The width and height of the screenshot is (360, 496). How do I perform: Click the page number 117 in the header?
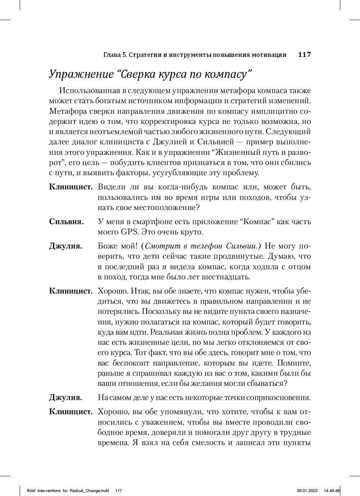[304, 55]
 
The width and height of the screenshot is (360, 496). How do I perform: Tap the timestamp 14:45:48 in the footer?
[332, 490]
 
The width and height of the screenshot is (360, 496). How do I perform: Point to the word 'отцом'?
[300, 267]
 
